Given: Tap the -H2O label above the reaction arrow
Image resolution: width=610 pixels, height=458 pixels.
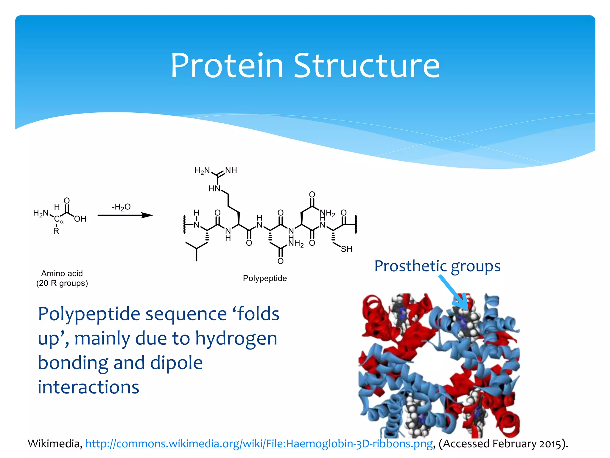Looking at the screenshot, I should [121, 207].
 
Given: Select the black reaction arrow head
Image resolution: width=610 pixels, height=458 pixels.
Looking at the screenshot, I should [147, 215].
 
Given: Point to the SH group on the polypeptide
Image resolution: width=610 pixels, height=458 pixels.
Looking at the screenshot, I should [346, 249].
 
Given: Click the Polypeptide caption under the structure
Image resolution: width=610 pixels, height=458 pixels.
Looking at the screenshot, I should [265, 278].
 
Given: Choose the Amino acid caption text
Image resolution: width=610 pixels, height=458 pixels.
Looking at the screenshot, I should [62, 273].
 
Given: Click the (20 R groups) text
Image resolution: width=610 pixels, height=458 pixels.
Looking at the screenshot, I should [62, 283].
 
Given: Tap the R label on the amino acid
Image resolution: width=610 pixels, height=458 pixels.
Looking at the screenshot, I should [56, 231].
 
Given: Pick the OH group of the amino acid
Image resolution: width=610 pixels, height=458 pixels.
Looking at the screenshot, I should [80, 219].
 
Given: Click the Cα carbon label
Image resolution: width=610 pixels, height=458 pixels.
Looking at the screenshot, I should [58, 220].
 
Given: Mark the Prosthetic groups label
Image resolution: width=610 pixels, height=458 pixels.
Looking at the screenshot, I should [437, 266].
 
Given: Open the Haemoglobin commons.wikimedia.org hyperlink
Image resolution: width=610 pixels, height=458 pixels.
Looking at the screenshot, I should [259, 444].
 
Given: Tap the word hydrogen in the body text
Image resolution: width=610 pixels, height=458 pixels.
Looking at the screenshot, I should [236, 339].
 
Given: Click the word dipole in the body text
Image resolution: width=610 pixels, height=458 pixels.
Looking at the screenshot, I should [176, 363].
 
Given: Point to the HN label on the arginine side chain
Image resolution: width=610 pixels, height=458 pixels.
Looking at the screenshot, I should [214, 188].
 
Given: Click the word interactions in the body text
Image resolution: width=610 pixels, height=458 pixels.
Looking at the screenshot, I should [88, 387].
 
